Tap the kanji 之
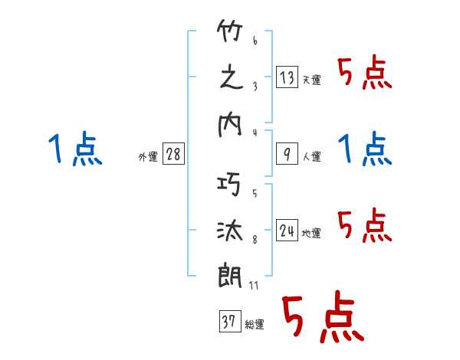[231, 78]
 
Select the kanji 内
[231, 124]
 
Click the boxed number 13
[286, 77]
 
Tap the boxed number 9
[286, 154]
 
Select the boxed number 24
[286, 231]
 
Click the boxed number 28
[173, 154]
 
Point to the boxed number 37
[228, 321]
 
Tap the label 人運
[311, 157]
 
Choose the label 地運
[311, 234]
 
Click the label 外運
[148, 157]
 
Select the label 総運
[255, 325]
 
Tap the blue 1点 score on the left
[75, 149]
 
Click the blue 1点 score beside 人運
[364, 149]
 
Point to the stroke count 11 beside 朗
[255, 286]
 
